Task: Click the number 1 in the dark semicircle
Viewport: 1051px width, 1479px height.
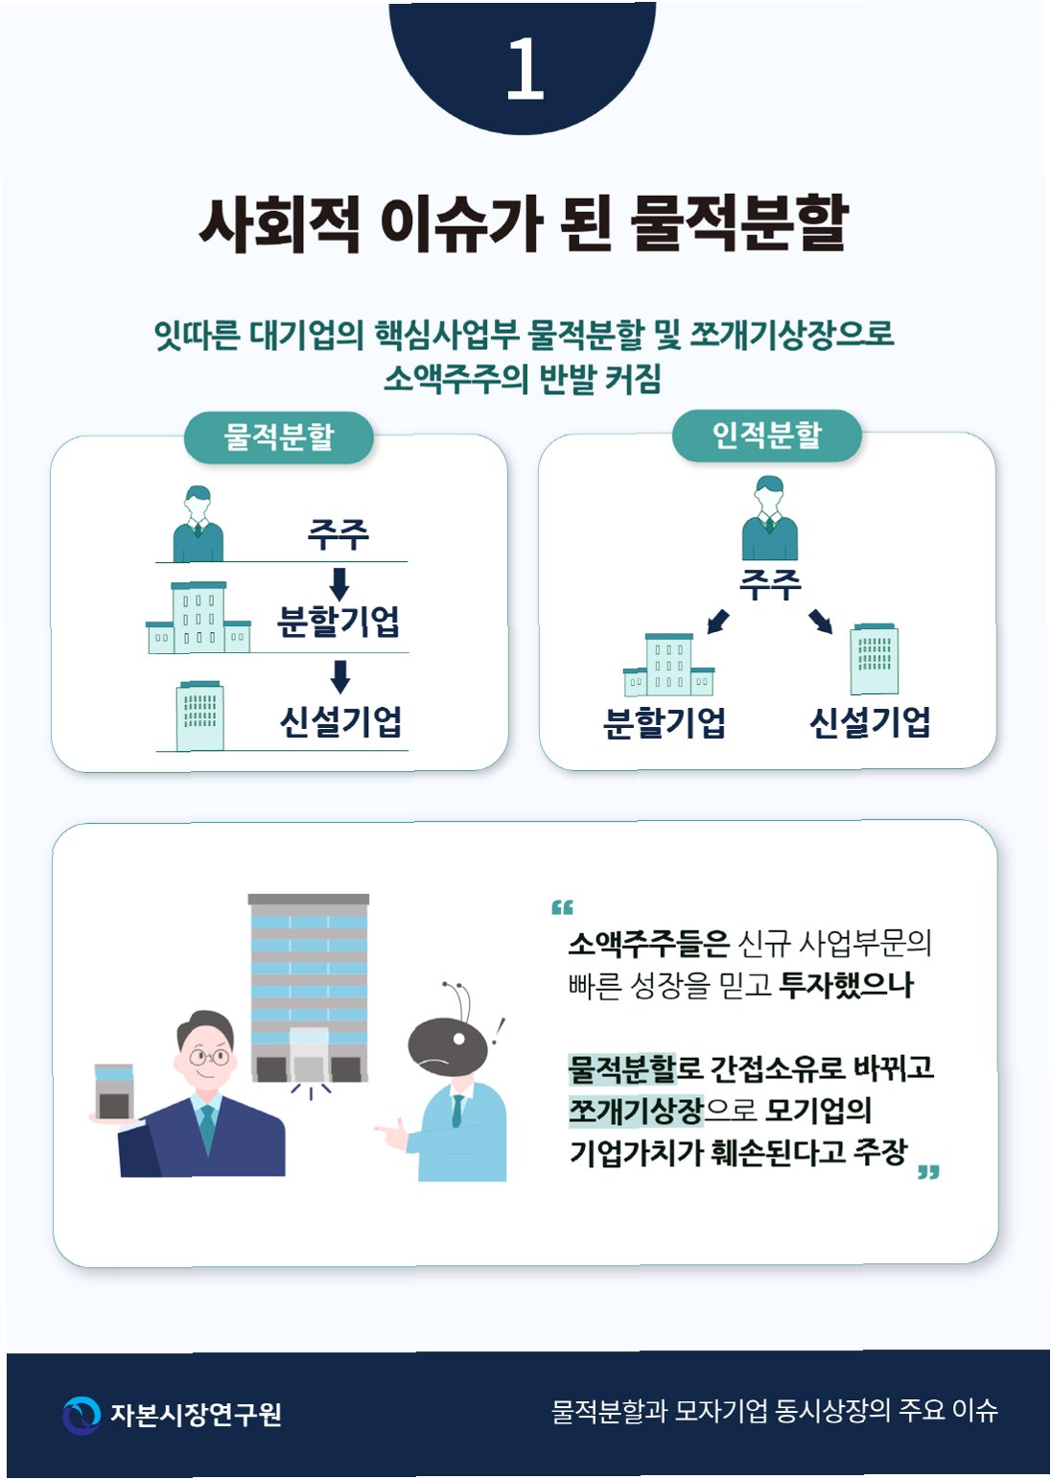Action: pos(525,69)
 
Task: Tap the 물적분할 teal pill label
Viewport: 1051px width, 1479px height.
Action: pos(278,437)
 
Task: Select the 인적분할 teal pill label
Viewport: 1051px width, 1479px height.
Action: pos(766,435)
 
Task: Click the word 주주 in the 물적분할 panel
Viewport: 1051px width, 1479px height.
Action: pos(338,534)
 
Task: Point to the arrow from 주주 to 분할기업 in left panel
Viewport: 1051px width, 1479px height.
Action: pos(339,583)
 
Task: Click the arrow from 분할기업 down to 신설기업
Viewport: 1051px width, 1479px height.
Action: pos(339,676)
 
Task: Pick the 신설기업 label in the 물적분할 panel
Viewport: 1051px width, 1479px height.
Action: pos(340,721)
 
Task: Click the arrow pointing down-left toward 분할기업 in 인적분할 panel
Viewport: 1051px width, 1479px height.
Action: pos(717,622)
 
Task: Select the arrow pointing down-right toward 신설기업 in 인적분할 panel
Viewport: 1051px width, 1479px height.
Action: pos(821,622)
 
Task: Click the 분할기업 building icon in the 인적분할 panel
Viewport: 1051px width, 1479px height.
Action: pos(668,664)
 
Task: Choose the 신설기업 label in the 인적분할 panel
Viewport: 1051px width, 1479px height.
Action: pos(870,722)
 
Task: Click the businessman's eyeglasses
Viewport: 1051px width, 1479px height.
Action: pos(210,1058)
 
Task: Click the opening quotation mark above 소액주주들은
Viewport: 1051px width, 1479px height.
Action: pos(562,907)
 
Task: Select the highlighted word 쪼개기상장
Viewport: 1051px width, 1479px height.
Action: pos(636,1111)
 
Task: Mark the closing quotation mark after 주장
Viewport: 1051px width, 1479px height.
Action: pos(927,1172)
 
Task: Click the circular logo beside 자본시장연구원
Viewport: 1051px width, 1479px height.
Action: pos(82,1415)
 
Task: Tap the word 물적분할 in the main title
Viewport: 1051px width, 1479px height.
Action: pos(738,223)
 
